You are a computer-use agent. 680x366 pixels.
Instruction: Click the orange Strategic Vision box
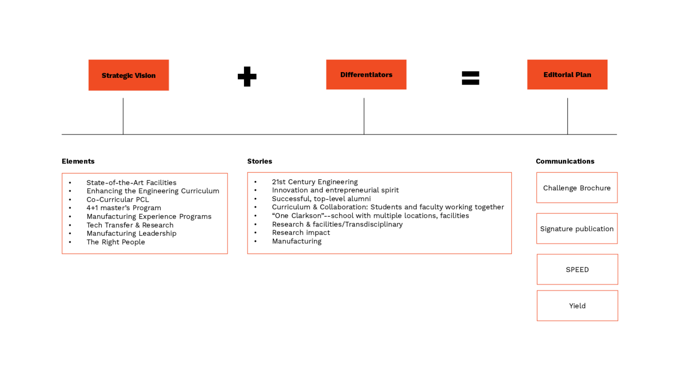click(x=128, y=75)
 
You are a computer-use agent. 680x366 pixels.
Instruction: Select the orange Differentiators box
click(x=366, y=75)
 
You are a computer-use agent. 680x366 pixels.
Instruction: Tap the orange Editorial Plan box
click(x=567, y=75)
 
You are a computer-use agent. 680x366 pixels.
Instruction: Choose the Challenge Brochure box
click(x=577, y=188)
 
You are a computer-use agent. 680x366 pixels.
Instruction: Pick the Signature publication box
click(x=577, y=229)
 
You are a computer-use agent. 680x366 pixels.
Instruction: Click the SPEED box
click(x=577, y=270)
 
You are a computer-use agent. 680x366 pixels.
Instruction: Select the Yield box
click(x=577, y=306)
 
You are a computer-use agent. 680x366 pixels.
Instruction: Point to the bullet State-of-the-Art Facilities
click(x=131, y=183)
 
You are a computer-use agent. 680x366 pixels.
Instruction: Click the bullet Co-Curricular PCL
click(x=118, y=200)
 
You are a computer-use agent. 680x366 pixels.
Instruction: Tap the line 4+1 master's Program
click(x=124, y=208)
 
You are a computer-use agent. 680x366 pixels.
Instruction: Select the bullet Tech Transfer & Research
click(x=130, y=225)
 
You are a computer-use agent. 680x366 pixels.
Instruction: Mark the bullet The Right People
click(x=116, y=242)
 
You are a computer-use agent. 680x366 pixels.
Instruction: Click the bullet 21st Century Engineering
click(x=315, y=182)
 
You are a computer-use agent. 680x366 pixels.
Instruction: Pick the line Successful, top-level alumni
click(x=321, y=199)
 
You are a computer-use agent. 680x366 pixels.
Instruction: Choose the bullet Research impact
click(x=301, y=233)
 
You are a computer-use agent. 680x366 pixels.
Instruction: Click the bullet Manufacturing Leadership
click(x=131, y=234)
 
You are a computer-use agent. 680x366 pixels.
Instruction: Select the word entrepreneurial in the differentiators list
click(x=352, y=190)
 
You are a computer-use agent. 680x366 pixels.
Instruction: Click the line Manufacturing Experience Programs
click(x=149, y=216)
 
